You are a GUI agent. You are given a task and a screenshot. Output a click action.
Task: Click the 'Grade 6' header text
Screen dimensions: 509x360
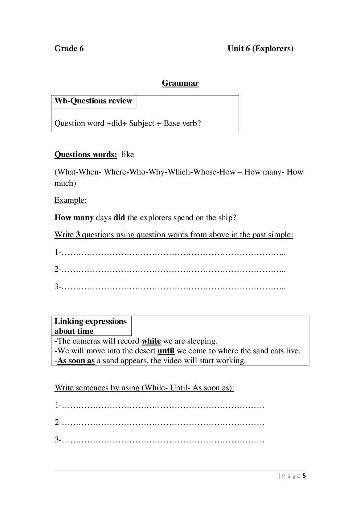click(x=69, y=49)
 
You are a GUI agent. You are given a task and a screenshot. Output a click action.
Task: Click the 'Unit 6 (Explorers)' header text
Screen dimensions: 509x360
click(x=260, y=49)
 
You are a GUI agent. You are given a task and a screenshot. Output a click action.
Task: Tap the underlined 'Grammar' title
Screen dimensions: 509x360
click(x=180, y=83)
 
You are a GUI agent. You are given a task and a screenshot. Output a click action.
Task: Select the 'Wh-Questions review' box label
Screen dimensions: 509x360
click(x=93, y=101)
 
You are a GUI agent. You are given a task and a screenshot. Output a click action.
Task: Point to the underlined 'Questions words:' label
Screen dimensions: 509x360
click(x=86, y=155)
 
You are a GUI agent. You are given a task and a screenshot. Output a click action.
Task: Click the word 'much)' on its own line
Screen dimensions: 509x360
click(x=65, y=183)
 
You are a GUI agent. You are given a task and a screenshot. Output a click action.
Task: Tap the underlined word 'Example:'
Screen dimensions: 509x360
click(x=70, y=200)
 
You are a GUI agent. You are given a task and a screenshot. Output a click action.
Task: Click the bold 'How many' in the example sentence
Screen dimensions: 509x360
click(x=74, y=218)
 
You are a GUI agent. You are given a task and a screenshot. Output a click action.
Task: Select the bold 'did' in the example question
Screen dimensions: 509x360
click(x=119, y=218)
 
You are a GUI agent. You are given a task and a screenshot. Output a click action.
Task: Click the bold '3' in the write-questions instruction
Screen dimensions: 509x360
click(x=78, y=235)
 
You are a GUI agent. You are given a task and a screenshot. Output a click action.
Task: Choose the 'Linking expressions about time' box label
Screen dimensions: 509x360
click(x=90, y=326)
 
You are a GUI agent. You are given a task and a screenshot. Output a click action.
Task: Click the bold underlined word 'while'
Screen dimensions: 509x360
click(x=151, y=341)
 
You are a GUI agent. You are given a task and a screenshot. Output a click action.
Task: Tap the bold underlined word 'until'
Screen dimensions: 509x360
click(x=166, y=351)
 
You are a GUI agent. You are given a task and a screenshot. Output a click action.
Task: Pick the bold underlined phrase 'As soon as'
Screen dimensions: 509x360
click(x=76, y=361)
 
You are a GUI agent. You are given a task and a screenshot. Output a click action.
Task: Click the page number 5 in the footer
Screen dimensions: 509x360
click(x=304, y=476)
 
